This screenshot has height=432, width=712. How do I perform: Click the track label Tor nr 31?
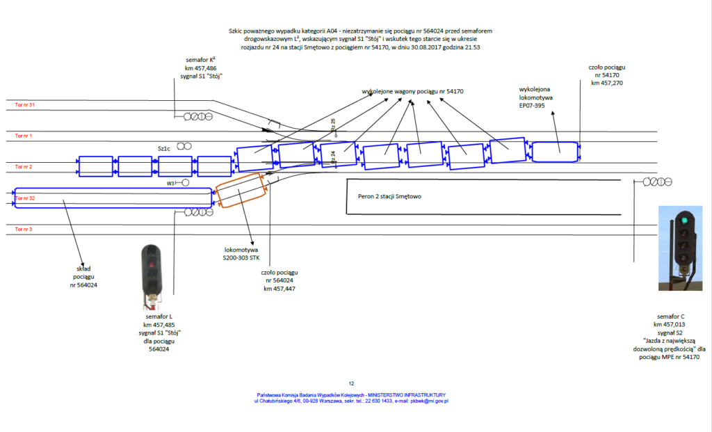click(x=24, y=105)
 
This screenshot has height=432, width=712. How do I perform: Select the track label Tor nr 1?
click(x=23, y=136)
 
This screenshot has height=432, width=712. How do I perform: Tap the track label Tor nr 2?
click(x=23, y=167)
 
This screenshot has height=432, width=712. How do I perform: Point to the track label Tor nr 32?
click(x=24, y=198)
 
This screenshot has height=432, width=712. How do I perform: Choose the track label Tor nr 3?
click(x=23, y=229)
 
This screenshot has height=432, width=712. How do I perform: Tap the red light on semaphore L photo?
click(x=149, y=266)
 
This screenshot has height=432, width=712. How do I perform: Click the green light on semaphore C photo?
click(x=685, y=221)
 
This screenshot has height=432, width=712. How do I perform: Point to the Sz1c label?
click(x=165, y=147)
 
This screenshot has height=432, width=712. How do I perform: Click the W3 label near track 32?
click(x=170, y=183)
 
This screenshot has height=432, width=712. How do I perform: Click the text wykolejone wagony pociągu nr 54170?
click(x=412, y=91)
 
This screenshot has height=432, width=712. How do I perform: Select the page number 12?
click(x=352, y=383)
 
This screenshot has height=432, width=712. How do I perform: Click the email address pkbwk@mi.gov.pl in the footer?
click(x=428, y=401)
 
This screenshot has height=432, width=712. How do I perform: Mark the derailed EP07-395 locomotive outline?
click(x=555, y=152)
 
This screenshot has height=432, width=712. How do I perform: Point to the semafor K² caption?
click(x=202, y=68)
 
